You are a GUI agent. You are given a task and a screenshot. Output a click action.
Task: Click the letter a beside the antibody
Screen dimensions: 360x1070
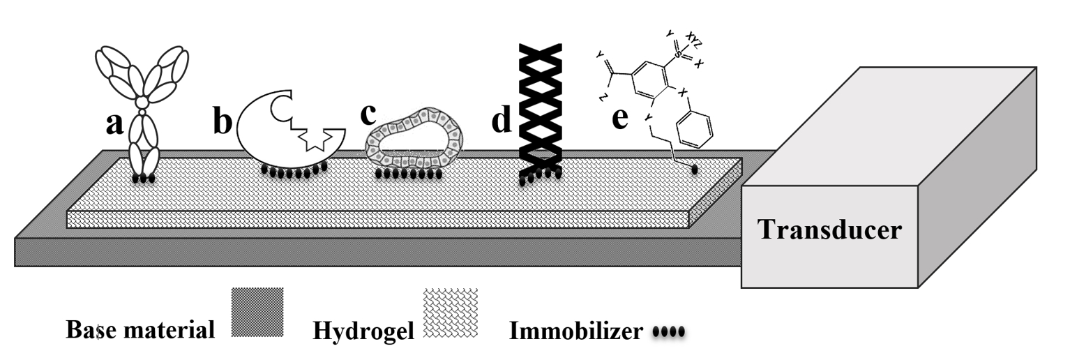coord(114,125)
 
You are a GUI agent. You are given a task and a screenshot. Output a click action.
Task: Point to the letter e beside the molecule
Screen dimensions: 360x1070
coord(619,119)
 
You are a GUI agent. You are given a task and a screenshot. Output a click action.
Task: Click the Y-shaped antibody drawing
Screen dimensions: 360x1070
coord(144,105)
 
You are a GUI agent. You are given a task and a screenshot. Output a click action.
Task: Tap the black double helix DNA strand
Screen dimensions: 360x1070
coord(540,112)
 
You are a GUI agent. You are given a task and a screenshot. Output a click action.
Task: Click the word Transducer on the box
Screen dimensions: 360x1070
coord(829,230)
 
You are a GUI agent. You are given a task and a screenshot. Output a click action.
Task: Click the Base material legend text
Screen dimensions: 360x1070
coord(140,329)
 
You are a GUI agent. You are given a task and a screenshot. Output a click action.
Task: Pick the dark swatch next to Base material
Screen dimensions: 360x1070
coord(257,313)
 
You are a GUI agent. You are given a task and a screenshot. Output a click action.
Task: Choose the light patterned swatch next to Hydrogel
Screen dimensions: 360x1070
coord(451,313)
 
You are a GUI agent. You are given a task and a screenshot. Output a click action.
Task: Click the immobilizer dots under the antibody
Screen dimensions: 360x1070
coord(143,179)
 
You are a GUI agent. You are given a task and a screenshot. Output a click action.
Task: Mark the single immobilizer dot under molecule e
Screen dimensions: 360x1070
coord(694,168)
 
